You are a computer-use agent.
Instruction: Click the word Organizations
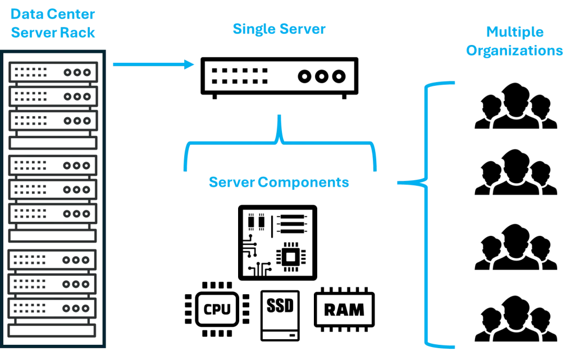pyautogui.click(x=515, y=51)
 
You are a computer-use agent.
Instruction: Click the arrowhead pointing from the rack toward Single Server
pyautogui.click(x=190, y=65)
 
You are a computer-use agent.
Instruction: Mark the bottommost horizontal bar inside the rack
pyautogui.click(x=54, y=330)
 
